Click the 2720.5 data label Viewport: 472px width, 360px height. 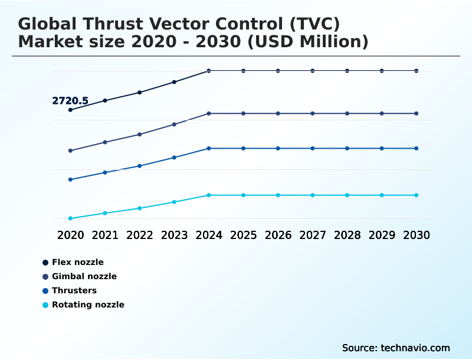(70, 101)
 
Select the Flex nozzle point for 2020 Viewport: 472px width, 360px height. (70, 110)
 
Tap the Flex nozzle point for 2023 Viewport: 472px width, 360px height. (174, 82)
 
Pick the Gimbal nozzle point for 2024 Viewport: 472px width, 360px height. (209, 113)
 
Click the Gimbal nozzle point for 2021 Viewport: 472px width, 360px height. (105, 142)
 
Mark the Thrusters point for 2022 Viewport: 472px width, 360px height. (140, 166)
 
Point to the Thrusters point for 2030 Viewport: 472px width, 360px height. (417, 148)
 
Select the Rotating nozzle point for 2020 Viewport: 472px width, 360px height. (70, 218)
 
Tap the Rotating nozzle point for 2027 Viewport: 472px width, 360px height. (313, 195)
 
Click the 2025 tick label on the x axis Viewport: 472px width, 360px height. (243, 235)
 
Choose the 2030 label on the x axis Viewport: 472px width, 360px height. (417, 235)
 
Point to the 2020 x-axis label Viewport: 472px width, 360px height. (70, 235)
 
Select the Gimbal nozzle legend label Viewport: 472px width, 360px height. (84, 276)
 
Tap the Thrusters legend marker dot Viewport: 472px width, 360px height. (45, 290)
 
